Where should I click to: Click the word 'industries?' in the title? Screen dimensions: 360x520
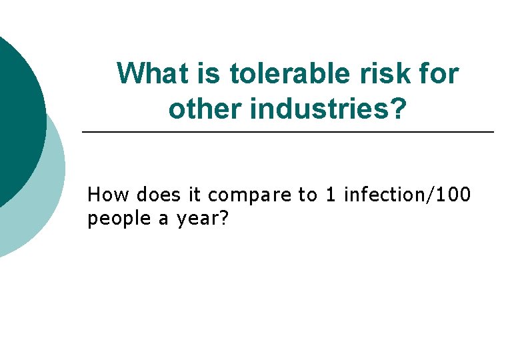328,107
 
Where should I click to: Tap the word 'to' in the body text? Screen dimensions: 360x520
307,195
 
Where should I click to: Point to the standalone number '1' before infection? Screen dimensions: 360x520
331,195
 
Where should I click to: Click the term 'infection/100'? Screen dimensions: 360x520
407,195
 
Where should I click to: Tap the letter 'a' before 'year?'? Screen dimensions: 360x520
163,221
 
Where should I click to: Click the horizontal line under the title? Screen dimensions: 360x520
287,133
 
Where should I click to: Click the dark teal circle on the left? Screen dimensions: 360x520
17,120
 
